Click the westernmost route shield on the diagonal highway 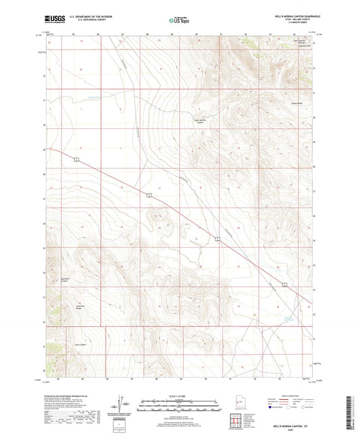coord(77,159)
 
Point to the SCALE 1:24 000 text coord(179,396)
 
